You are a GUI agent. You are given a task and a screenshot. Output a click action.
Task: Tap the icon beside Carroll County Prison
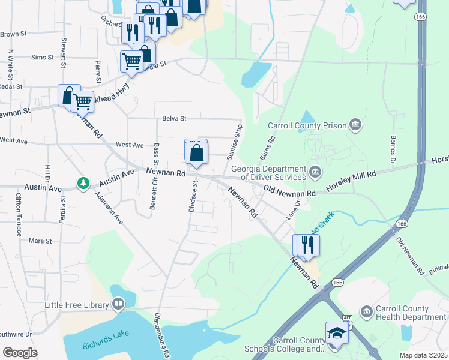click(356, 125)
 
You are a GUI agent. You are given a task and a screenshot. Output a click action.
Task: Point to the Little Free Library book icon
click(118, 305)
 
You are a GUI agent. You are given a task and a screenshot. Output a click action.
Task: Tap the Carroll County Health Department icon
click(366, 311)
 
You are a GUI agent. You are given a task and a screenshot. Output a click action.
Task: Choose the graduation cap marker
click(337, 333)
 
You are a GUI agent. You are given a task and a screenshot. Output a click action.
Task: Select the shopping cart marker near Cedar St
click(132, 61)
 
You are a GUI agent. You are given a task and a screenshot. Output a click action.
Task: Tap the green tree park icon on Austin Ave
click(83, 182)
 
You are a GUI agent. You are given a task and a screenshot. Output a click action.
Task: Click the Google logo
click(20, 353)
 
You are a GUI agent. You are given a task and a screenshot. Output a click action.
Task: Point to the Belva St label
click(174, 119)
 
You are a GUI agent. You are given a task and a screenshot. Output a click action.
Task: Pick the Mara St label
click(40, 241)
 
